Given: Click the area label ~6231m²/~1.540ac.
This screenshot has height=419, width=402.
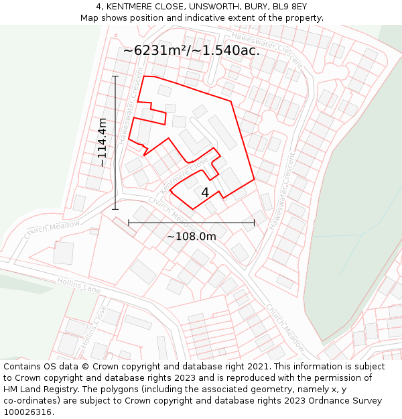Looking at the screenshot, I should [x=191, y=50].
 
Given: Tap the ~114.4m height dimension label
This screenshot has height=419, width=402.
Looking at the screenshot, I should [x=102, y=142].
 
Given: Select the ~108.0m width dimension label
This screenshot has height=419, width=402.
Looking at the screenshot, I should [x=191, y=236].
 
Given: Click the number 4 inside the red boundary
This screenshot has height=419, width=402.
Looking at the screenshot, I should [x=205, y=192].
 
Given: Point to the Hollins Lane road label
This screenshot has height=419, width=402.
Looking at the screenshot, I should [x=78, y=286].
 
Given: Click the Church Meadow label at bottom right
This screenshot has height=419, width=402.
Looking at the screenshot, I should [x=285, y=328].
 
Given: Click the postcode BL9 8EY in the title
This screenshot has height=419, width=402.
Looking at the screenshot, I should [x=291, y=7].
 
